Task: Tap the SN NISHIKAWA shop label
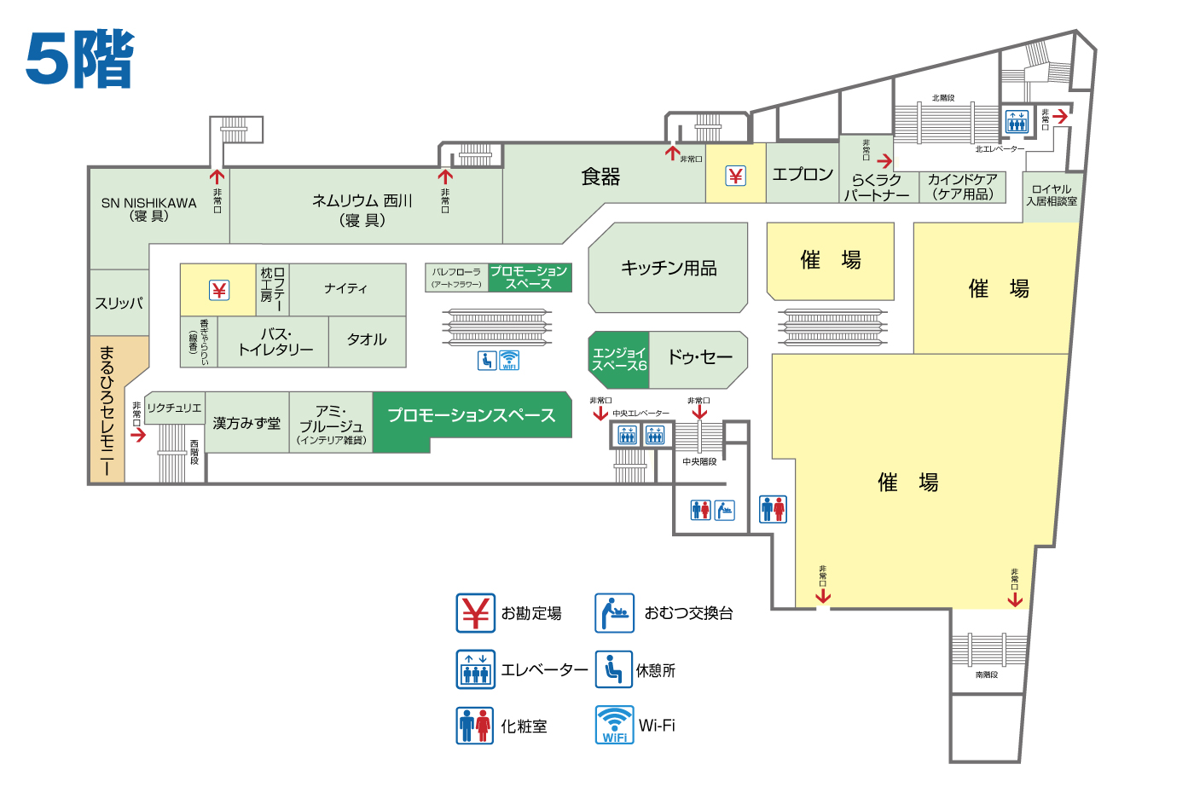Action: tap(148, 209)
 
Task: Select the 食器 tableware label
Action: tap(600, 177)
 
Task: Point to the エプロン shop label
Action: tap(802, 174)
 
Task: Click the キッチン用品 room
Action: tap(668, 268)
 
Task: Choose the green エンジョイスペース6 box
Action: tap(619, 359)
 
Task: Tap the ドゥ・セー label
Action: tap(699, 357)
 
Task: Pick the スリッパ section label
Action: tap(119, 303)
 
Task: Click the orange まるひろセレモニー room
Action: tap(107, 409)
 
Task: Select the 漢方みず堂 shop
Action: tap(246, 423)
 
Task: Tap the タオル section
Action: tap(367, 339)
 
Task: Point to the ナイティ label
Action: tap(345, 288)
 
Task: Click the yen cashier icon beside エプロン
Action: tap(735, 176)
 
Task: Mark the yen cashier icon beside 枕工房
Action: tap(219, 291)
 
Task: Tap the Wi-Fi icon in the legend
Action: tap(614, 725)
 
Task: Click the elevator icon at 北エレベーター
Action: tap(1017, 121)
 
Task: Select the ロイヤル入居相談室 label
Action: tap(1052, 195)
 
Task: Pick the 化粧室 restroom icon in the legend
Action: tap(475, 726)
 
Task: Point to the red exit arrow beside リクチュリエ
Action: tap(138, 434)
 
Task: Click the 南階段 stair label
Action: tap(987, 674)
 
